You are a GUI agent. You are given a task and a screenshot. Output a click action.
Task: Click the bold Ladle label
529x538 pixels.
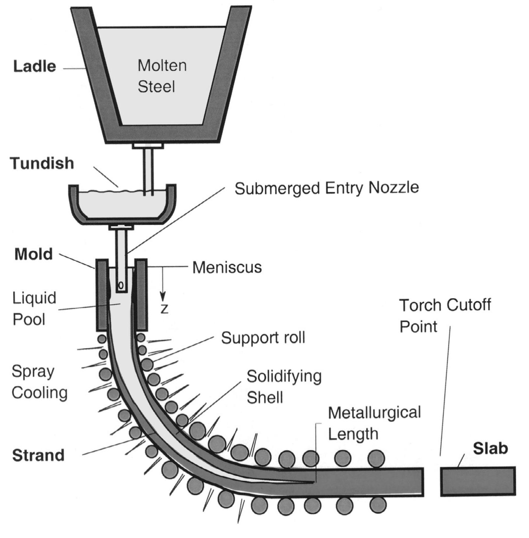[35, 66]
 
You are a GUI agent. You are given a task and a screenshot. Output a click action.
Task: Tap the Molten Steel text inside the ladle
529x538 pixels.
[162, 76]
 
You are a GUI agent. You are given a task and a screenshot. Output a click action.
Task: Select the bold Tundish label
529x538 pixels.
[42, 163]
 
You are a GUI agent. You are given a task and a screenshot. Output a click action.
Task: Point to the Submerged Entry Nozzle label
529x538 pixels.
[327, 188]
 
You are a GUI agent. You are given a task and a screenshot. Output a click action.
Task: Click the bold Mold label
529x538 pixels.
[34, 254]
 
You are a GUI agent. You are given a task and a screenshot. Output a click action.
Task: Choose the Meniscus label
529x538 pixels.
[227, 267]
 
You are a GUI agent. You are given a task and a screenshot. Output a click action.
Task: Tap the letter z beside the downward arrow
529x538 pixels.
[164, 309]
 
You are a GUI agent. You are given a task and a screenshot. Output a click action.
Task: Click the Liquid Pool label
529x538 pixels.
[34, 308]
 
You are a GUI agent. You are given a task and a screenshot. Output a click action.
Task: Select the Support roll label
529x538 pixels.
[263, 338]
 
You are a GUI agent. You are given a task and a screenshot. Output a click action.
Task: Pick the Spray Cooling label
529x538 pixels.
[39, 382]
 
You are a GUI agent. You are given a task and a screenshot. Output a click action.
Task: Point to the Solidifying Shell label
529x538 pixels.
[284, 387]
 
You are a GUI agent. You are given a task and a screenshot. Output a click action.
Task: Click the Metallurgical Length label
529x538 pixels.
[374, 423]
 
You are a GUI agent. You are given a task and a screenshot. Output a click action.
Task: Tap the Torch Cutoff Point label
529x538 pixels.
[445, 316]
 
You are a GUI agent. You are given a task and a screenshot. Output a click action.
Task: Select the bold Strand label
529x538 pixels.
[38, 455]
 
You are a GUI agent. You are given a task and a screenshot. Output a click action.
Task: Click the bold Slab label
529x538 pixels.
[490, 448]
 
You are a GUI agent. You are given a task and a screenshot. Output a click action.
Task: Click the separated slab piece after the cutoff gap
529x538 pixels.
[478, 481]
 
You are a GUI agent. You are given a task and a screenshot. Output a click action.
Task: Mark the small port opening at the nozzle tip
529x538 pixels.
[121, 286]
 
